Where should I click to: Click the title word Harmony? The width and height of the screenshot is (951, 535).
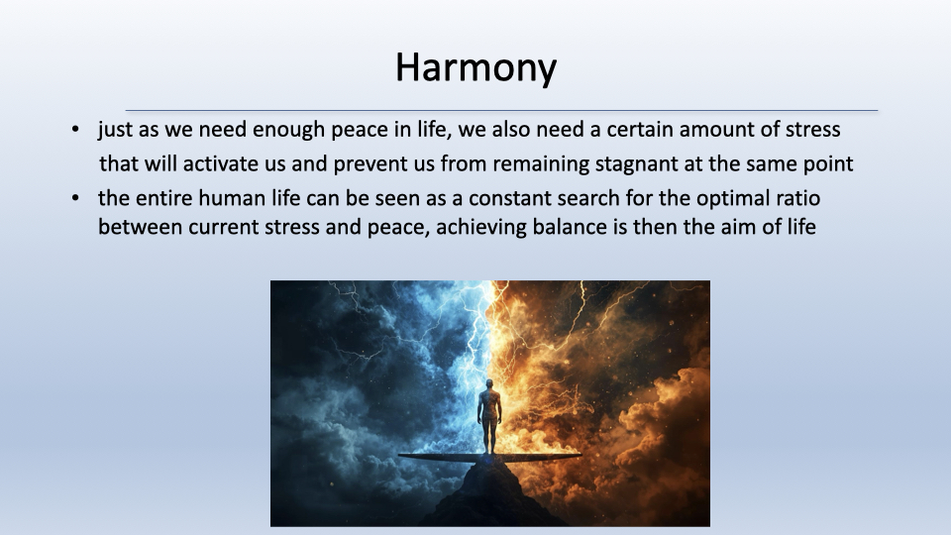(x=476, y=68)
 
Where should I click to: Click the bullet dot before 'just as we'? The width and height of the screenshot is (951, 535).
(x=75, y=129)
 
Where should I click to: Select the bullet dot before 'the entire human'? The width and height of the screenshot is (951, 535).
(x=75, y=198)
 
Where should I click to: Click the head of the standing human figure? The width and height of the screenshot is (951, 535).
(x=488, y=384)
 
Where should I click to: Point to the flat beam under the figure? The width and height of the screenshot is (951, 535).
(x=489, y=457)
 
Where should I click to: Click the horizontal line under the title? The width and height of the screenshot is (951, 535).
(x=501, y=110)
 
